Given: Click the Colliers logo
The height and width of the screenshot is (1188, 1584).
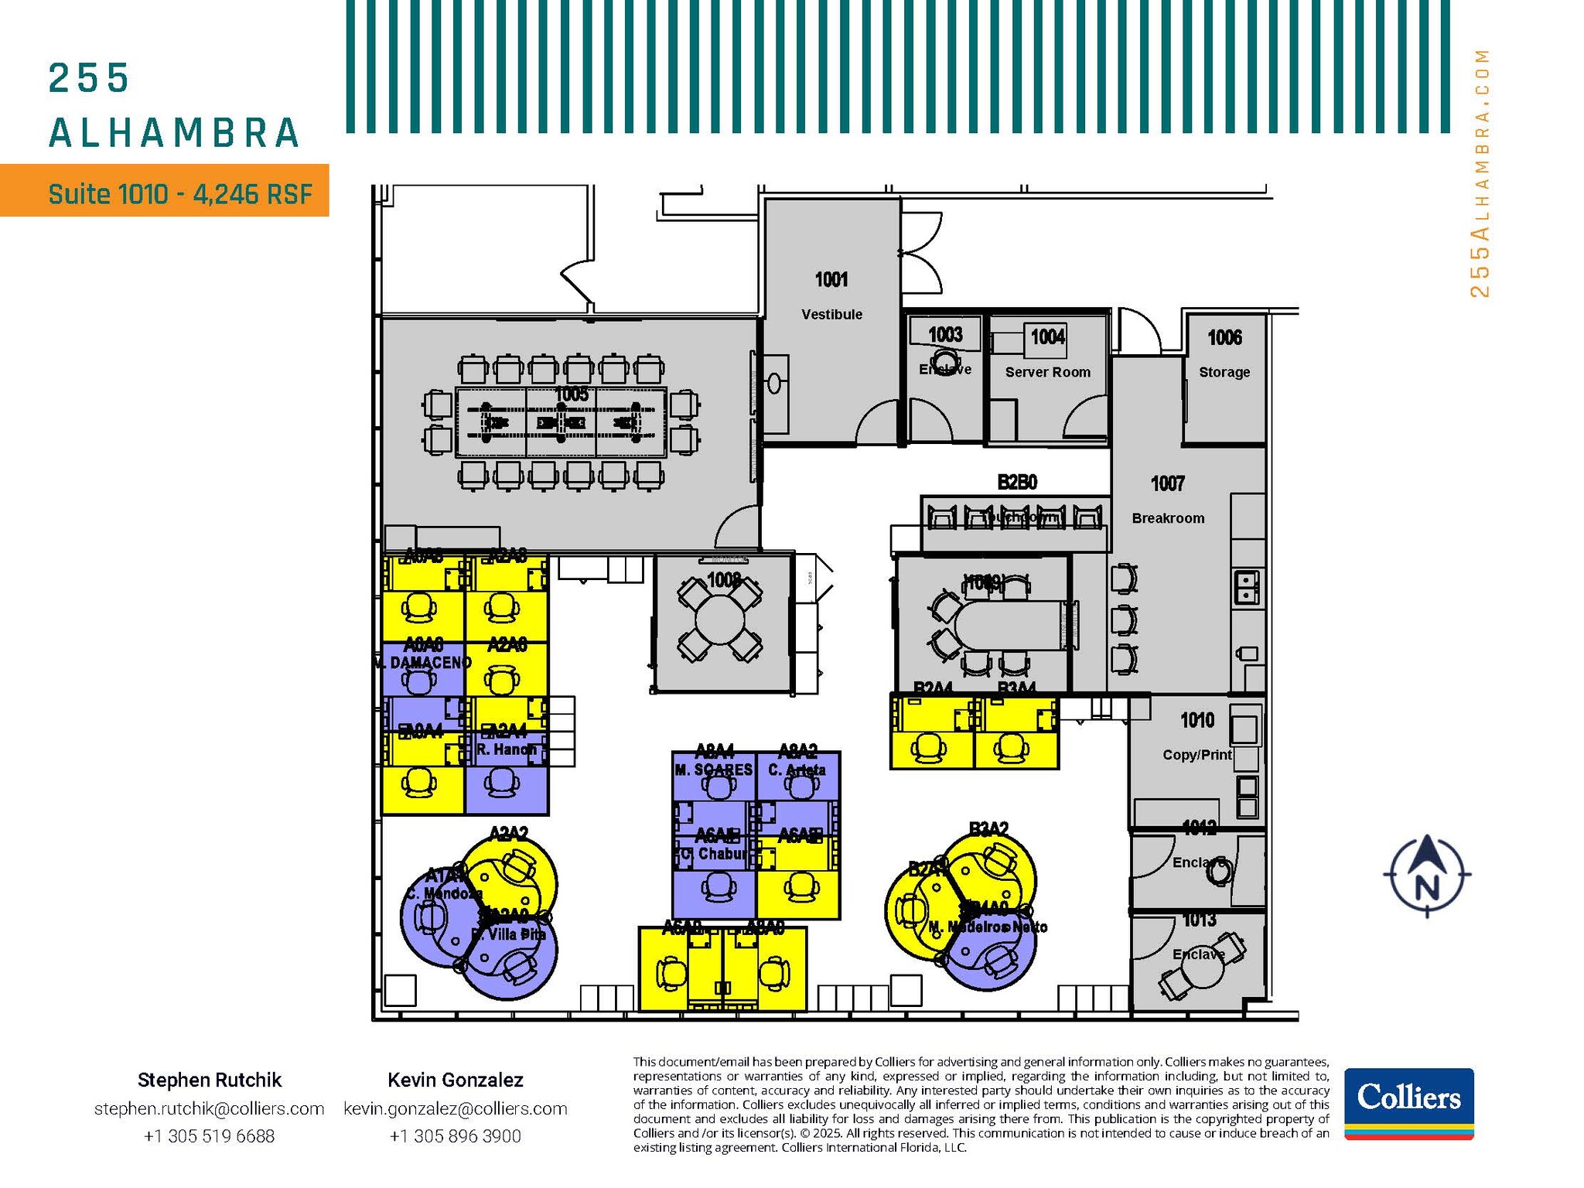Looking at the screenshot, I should (1408, 1103).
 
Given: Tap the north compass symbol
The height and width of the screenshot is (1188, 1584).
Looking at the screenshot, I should (1427, 876).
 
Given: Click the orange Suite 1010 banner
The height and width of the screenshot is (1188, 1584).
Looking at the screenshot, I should (165, 191).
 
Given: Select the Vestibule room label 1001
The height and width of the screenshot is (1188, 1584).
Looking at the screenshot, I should (831, 280).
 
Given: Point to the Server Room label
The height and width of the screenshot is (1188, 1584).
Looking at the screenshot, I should (1047, 372).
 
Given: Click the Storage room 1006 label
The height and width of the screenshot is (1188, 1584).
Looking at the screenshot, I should (1224, 338).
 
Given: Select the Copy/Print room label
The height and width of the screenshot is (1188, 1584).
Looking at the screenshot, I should (1197, 754).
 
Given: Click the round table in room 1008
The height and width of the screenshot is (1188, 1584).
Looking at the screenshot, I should (719, 620).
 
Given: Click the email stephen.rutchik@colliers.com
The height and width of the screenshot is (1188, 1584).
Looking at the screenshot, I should (209, 1108).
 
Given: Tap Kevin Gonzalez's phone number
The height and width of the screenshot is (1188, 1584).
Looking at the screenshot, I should (455, 1136).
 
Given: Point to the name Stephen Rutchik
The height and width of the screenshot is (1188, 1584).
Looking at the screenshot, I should (209, 1080).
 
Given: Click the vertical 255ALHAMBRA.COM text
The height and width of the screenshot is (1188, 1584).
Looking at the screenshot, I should (1479, 173).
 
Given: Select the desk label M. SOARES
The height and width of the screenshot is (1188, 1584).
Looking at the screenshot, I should (713, 770).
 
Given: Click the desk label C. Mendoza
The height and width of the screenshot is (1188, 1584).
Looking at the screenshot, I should (444, 893).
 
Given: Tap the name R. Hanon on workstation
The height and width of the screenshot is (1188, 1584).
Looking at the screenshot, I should (507, 749).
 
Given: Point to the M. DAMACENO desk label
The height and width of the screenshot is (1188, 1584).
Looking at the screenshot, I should (422, 663).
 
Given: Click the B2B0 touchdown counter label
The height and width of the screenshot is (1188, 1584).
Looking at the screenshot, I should (1016, 483).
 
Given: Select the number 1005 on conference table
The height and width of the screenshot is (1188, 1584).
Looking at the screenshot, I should (571, 394).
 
